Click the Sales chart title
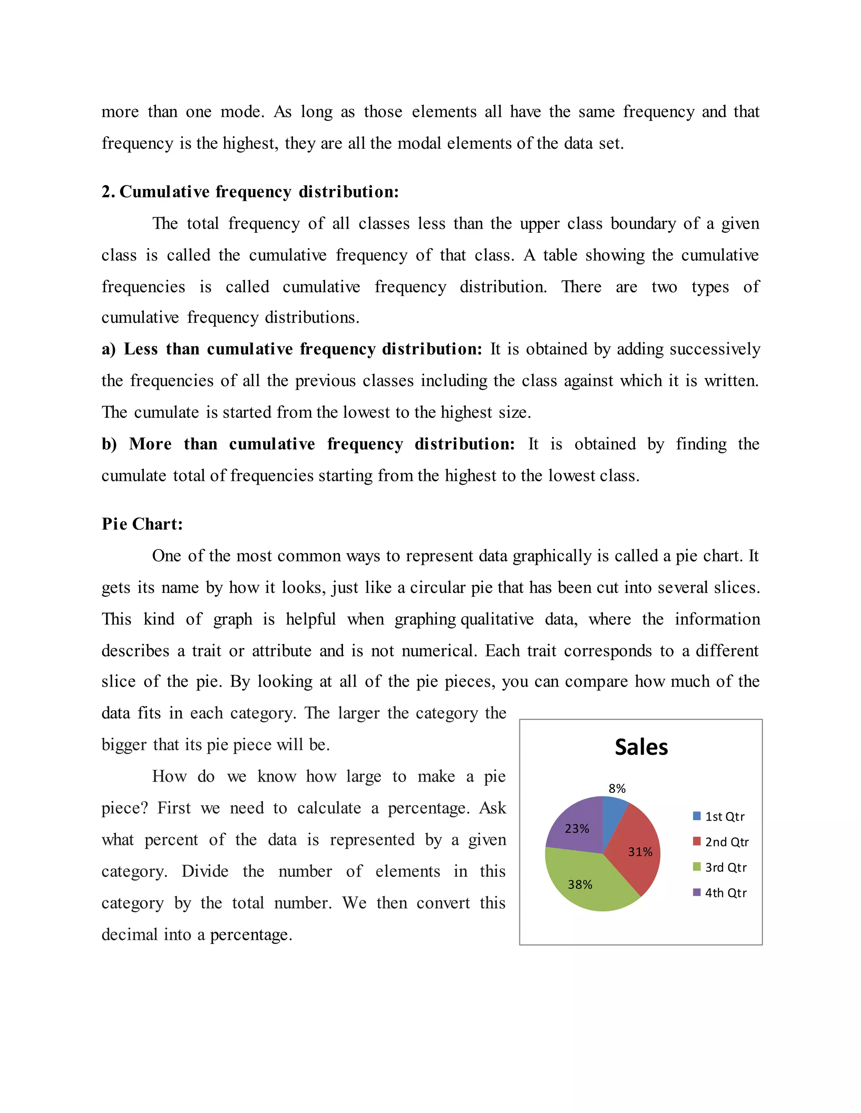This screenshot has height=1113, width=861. [x=641, y=747]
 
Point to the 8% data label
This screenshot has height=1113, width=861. [x=617, y=788]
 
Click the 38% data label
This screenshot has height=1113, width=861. [x=580, y=884]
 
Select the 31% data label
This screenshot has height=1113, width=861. [x=639, y=852]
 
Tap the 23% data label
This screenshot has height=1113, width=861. [x=576, y=829]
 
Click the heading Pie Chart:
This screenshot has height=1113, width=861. [x=142, y=524]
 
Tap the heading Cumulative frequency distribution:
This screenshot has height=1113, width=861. [x=259, y=192]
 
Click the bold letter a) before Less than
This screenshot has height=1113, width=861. [x=108, y=349]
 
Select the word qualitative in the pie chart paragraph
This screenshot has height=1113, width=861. [x=497, y=619]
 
